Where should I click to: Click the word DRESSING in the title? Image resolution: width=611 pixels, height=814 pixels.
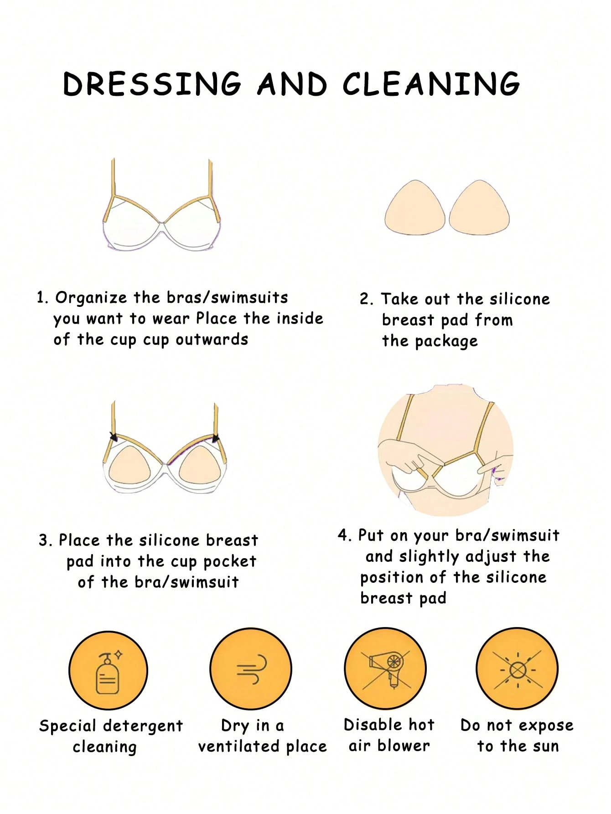pos(152,84)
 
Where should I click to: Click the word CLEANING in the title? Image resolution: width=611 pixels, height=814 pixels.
pos(431,84)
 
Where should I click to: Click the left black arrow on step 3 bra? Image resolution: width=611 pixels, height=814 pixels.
pos(113,436)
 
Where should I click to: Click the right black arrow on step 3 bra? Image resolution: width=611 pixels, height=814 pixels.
pos(216,438)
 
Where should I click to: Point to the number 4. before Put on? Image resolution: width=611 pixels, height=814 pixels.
pos(345,535)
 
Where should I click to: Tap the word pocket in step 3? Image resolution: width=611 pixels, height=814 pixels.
pos(229,562)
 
